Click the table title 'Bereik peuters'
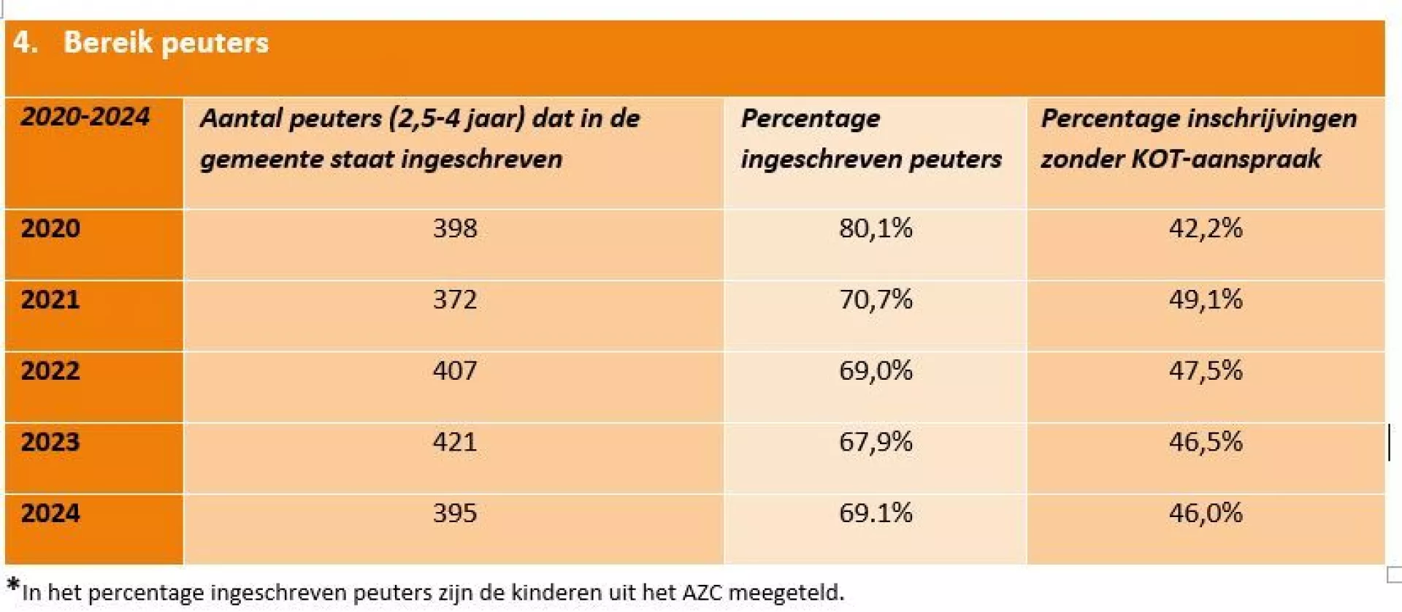[166, 42]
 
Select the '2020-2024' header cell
[85, 117]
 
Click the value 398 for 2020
[454, 229]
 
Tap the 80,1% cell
[876, 229]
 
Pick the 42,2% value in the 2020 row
[1206, 229]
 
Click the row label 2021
[50, 299]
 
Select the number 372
[454, 299]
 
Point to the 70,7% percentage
[876, 299]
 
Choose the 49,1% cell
[1206, 299]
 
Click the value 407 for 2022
[454, 371]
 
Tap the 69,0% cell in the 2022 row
[876, 371]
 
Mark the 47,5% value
[1206, 371]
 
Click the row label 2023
[50, 442]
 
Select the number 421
[454, 442]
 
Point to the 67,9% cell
[876, 442]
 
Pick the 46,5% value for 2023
[1206, 442]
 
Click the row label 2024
[50, 513]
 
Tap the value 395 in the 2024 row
[454, 513]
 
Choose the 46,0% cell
[1206, 513]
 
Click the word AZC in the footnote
[702, 592]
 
